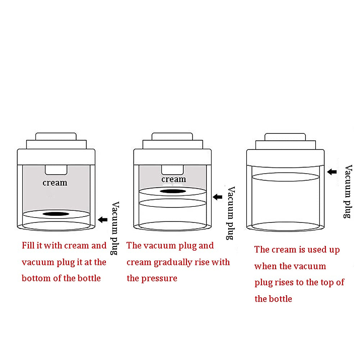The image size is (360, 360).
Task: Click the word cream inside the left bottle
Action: pyautogui.click(x=55, y=183)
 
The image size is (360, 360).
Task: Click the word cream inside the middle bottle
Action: pyautogui.click(x=174, y=179)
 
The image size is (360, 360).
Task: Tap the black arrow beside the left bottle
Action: pyautogui.click(x=103, y=220)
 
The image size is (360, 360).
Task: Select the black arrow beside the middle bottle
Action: pyautogui.click(x=217, y=197)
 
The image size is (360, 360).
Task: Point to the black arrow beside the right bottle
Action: pyautogui.click(x=332, y=172)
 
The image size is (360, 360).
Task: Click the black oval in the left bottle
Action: pyautogui.click(x=56, y=214)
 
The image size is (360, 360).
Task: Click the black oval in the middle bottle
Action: pyautogui.click(x=173, y=191)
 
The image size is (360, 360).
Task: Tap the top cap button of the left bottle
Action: pyautogui.click(x=56, y=136)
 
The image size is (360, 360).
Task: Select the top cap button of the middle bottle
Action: pyautogui.click(x=172, y=136)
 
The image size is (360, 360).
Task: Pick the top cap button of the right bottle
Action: pyautogui.click(x=285, y=137)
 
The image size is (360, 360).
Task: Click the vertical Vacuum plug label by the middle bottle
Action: pyautogui.click(x=230, y=213)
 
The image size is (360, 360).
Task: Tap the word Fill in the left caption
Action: pyautogui.click(x=28, y=245)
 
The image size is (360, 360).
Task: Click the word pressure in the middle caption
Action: pyautogui.click(x=159, y=278)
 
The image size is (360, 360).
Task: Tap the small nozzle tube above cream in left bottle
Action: pyautogui.click(x=56, y=170)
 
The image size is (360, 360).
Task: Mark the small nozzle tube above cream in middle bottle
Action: pyautogui.click(x=172, y=169)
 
